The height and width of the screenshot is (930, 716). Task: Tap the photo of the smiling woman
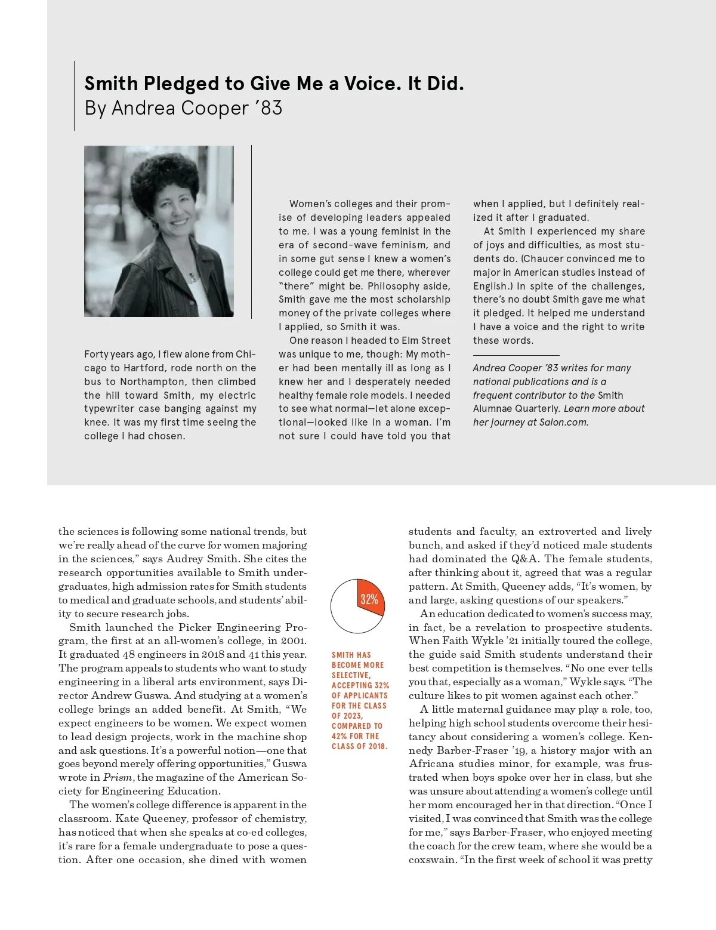click(159, 231)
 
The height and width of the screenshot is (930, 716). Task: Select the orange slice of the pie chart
click(370, 599)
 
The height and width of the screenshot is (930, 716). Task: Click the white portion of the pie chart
click(349, 612)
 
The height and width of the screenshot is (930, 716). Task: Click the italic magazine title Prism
click(118, 777)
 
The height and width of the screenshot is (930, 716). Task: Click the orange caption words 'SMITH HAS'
click(351, 655)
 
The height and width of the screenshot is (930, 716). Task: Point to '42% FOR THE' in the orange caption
click(356, 736)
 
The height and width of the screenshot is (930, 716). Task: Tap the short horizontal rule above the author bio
click(516, 355)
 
